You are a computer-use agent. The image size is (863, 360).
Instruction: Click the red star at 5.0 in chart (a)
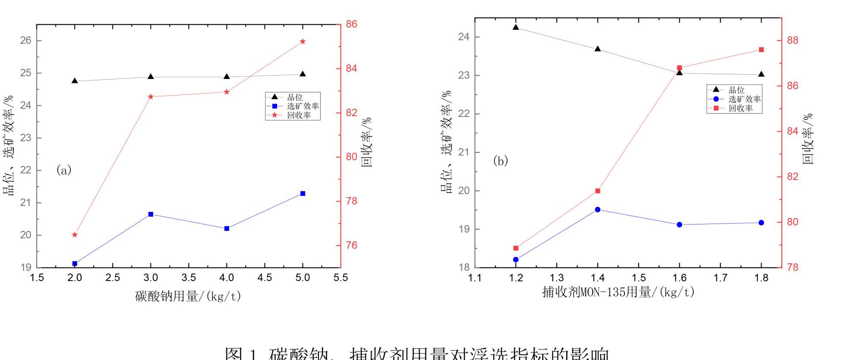click(x=302, y=41)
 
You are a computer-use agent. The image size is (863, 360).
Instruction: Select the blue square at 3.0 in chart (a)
click(x=151, y=214)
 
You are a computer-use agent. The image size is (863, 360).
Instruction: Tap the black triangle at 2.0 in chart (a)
click(x=75, y=81)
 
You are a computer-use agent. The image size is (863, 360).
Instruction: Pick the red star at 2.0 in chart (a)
click(x=75, y=235)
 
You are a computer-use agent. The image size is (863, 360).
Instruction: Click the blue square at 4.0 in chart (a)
click(x=227, y=228)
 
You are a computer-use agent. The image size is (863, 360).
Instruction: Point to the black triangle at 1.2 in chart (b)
click(x=516, y=27)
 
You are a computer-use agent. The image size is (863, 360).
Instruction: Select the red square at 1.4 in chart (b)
click(x=598, y=191)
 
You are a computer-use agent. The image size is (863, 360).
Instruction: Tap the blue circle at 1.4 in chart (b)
click(x=598, y=209)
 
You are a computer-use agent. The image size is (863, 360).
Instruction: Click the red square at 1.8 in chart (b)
click(x=761, y=50)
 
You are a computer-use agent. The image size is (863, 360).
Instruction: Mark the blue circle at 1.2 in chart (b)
click(x=516, y=259)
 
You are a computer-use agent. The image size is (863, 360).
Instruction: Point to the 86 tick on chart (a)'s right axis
click(x=352, y=24)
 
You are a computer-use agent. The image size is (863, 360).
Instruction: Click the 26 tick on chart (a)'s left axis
click(x=26, y=41)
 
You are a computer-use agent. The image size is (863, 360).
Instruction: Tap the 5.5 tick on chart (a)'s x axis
click(x=340, y=278)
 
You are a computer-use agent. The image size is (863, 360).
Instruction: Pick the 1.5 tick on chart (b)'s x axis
click(x=639, y=278)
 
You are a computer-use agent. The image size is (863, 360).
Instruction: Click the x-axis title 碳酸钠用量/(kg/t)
click(x=188, y=296)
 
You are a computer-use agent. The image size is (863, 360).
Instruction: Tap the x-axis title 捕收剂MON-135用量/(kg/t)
click(x=618, y=292)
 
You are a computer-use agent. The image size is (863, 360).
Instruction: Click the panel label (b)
click(x=501, y=161)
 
